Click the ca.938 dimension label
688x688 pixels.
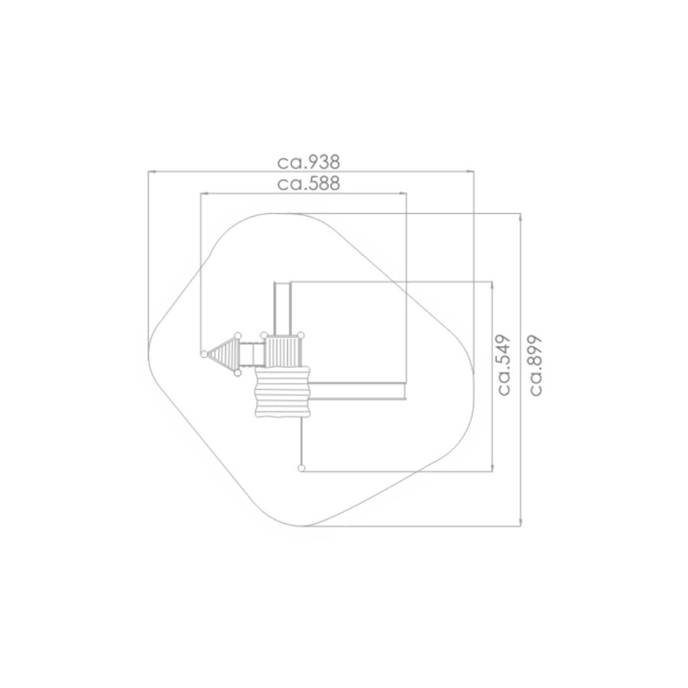(x=309, y=162)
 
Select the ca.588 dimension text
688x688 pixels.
(x=309, y=183)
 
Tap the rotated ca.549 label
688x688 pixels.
(x=504, y=365)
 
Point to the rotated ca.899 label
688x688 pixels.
(x=535, y=365)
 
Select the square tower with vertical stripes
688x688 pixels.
(x=283, y=351)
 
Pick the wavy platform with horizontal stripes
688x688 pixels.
(x=283, y=391)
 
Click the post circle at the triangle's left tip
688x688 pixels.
(x=204, y=354)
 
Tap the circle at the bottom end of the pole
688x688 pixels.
(x=301, y=468)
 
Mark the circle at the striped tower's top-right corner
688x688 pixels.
(x=301, y=336)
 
